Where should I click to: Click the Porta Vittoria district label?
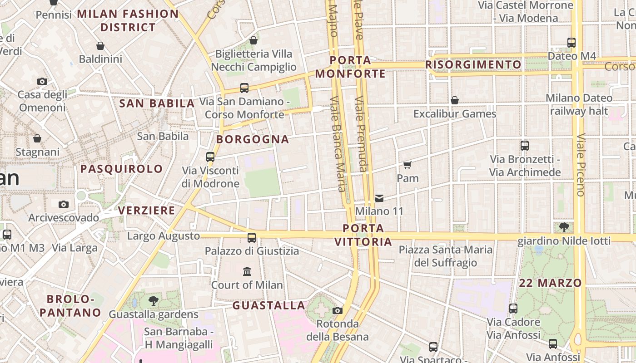coord(363,235)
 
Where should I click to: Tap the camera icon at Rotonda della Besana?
coord(337,310)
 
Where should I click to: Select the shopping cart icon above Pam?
coord(407,165)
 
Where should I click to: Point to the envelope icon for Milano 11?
coord(379,198)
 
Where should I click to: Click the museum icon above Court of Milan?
coord(247,271)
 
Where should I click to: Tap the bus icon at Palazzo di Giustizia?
coord(251,237)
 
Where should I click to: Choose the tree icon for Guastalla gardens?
coord(154,300)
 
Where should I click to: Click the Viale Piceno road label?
coord(580,165)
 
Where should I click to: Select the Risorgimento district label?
coord(473,65)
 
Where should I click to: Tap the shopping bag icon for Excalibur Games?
coord(454,100)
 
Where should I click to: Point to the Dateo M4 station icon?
coord(571,43)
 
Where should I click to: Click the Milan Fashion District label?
coord(128,20)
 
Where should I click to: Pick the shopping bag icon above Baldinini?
coord(100,46)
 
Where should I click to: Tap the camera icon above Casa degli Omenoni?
coord(42,81)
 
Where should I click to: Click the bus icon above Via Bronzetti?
coord(525,146)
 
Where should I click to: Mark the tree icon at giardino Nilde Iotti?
coord(564,227)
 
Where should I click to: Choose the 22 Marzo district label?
coord(550,283)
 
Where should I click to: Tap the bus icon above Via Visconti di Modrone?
coord(210,157)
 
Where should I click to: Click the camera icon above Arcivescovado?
coord(64,204)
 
